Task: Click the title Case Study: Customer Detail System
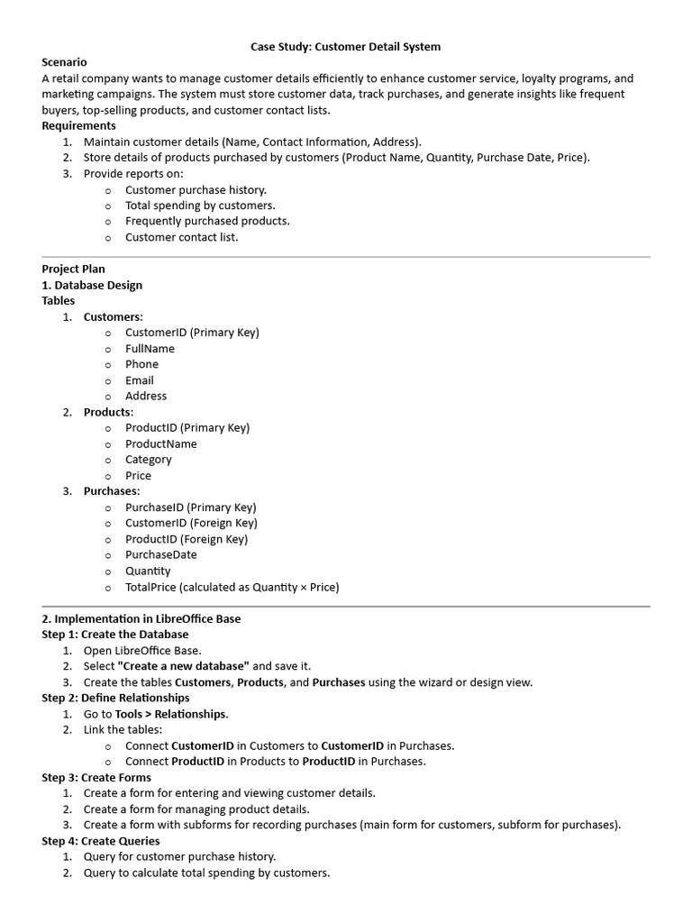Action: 345,46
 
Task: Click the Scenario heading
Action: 65,62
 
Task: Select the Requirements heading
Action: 79,125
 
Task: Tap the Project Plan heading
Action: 74,269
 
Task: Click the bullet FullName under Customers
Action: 150,348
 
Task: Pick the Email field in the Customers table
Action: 140,380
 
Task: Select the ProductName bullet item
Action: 160,443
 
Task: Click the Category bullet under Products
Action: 149,460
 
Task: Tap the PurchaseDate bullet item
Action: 161,555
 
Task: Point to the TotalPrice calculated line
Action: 232,587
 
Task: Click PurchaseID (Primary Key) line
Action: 190,507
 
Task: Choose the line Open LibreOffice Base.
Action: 142,650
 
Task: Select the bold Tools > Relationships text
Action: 170,714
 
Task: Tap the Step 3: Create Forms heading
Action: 96,777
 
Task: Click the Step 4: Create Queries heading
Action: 101,841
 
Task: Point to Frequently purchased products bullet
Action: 207,221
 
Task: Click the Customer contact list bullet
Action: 181,237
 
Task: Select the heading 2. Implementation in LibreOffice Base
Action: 141,619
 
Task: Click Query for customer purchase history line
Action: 179,856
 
